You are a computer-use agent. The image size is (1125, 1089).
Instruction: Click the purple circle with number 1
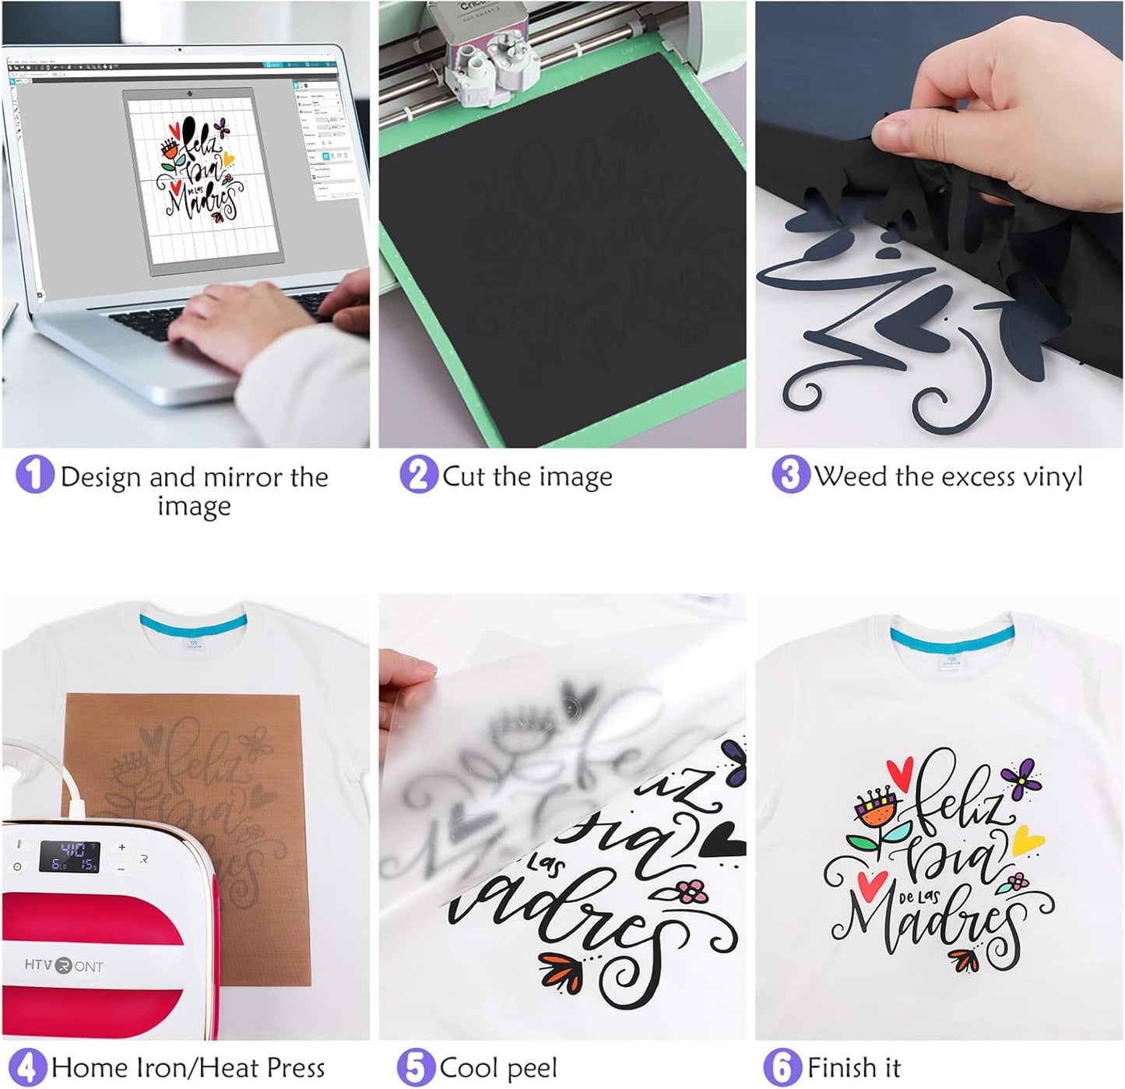pyautogui.click(x=34, y=474)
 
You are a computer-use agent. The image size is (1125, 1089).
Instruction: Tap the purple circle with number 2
pyautogui.click(x=418, y=474)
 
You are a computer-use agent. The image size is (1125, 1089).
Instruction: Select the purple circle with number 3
pyautogui.click(x=789, y=474)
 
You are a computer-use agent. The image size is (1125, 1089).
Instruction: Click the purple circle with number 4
pyautogui.click(x=26, y=1067)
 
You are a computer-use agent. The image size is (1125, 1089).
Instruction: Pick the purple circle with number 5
pyautogui.click(x=415, y=1067)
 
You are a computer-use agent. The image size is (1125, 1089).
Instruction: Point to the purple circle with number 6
pyautogui.click(x=782, y=1067)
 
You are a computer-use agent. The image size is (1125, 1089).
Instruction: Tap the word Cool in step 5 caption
pyautogui.click(x=469, y=1068)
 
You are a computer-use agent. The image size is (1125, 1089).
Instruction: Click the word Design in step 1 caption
pyautogui.click(x=100, y=477)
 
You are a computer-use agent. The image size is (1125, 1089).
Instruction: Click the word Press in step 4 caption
pyautogui.click(x=294, y=1068)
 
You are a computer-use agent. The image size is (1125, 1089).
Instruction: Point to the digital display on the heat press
pyautogui.click(x=69, y=856)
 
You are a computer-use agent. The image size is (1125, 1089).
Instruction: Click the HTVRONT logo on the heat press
pyautogui.click(x=64, y=966)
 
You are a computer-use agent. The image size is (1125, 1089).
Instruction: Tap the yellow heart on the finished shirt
pyautogui.click(x=1027, y=840)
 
